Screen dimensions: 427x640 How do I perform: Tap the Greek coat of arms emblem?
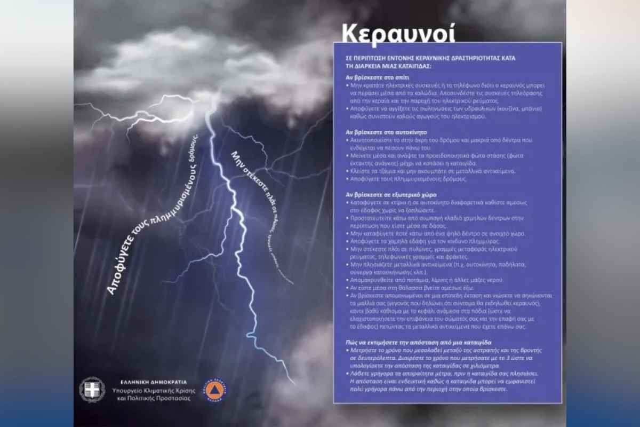coord(92,389)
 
